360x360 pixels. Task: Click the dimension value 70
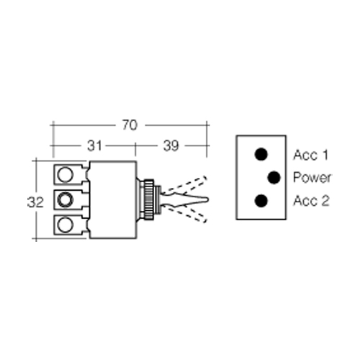pyautogui.click(x=130, y=125)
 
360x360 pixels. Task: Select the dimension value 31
pyautogui.click(x=94, y=145)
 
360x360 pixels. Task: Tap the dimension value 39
pyautogui.click(x=171, y=145)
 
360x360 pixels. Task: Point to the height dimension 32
pyautogui.click(x=35, y=202)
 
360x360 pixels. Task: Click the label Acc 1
pyautogui.click(x=310, y=155)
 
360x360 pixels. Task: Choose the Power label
pyautogui.click(x=312, y=177)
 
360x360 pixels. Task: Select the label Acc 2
pyautogui.click(x=311, y=201)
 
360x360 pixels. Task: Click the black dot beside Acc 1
pyautogui.click(x=261, y=154)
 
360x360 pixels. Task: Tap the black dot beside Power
pyautogui.click(x=274, y=178)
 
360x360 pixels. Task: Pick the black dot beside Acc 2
pyautogui.click(x=261, y=201)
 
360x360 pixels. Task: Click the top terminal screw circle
pyautogui.click(x=65, y=174)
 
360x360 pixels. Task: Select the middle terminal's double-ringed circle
pyautogui.click(x=65, y=199)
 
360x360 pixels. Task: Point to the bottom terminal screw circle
pyautogui.click(x=65, y=225)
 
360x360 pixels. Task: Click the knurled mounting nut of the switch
pyautogui.click(x=148, y=199)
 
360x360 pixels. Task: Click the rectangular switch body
pyautogui.click(x=113, y=199)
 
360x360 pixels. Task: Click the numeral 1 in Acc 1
pyautogui.click(x=325, y=155)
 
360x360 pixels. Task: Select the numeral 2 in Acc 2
pyautogui.click(x=325, y=201)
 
